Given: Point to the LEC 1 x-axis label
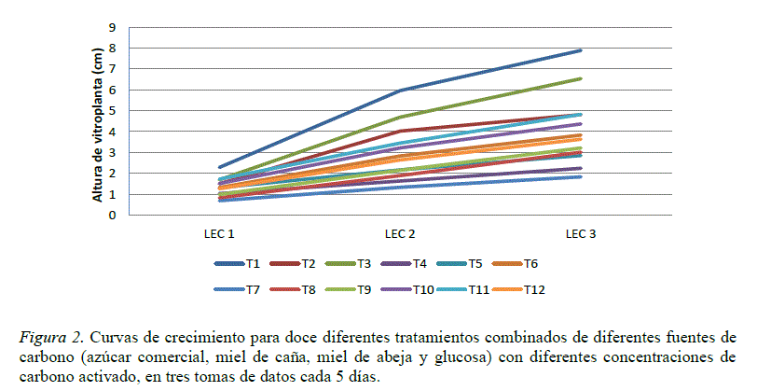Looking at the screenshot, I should [x=220, y=233].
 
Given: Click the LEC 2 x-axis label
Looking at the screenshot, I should [x=400, y=233].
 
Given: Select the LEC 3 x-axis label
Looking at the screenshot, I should [x=580, y=233].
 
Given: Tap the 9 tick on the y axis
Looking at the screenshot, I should [x=113, y=28].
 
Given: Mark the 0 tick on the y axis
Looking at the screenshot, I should [x=113, y=216].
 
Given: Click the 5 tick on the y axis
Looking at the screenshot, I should [x=113, y=111].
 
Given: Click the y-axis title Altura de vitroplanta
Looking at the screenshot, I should [x=97, y=124].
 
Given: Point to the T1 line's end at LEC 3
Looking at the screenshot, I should [x=580, y=50].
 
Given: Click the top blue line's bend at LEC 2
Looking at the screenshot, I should [x=400, y=91].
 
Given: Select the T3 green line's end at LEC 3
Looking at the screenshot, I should [x=580, y=79].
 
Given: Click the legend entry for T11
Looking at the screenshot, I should [x=476, y=288].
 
